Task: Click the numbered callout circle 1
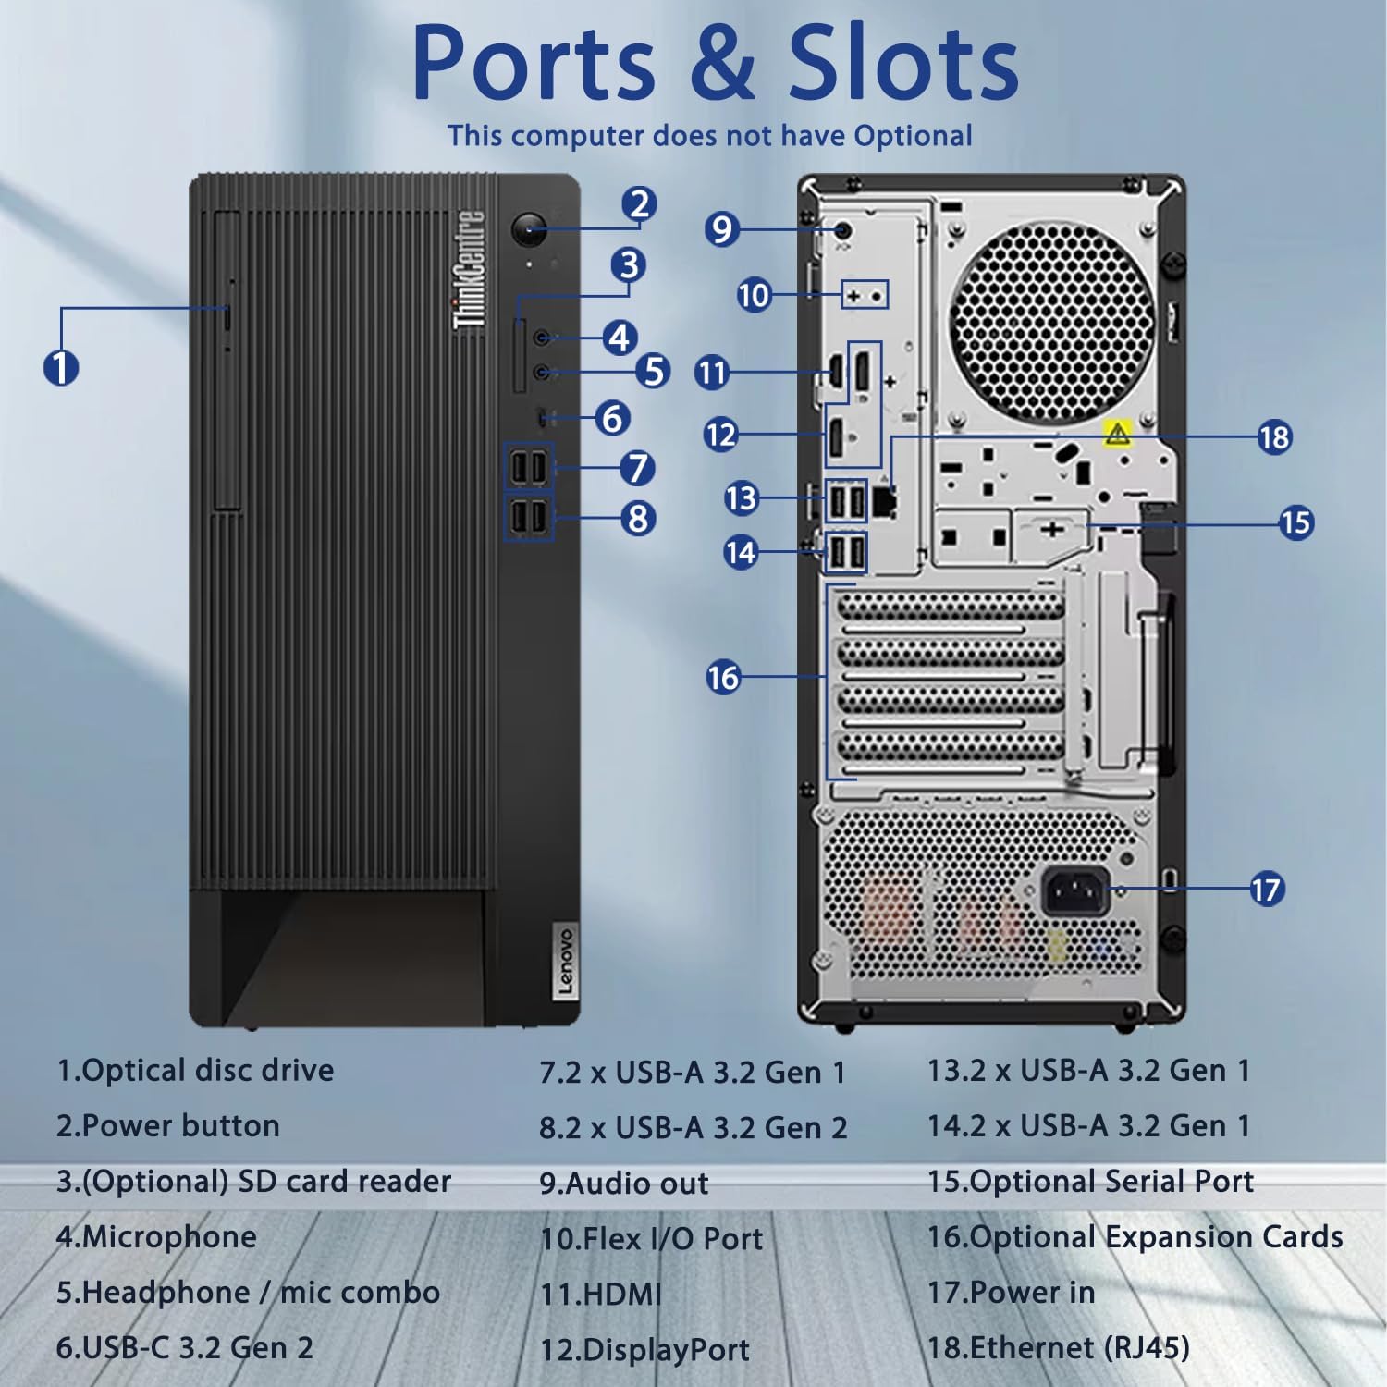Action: coord(61,368)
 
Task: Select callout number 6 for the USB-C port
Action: coord(612,418)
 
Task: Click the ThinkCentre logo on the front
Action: coord(469,270)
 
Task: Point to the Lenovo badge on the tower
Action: coord(565,962)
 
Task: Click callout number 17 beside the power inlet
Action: coord(1266,890)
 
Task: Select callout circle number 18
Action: coord(1274,436)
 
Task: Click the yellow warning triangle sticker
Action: coord(1118,433)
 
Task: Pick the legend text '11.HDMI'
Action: coord(601,1294)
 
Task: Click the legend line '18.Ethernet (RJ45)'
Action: coord(1058,1347)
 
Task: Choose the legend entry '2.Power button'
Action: coord(167,1126)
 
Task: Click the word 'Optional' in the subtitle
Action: coord(913,136)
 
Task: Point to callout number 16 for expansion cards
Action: coord(723,677)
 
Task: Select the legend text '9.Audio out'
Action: coord(624,1184)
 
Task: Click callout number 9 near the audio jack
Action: coord(721,228)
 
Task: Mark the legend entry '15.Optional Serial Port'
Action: coord(1090,1181)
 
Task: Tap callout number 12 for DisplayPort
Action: coord(721,434)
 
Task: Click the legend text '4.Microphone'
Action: coord(156,1237)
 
